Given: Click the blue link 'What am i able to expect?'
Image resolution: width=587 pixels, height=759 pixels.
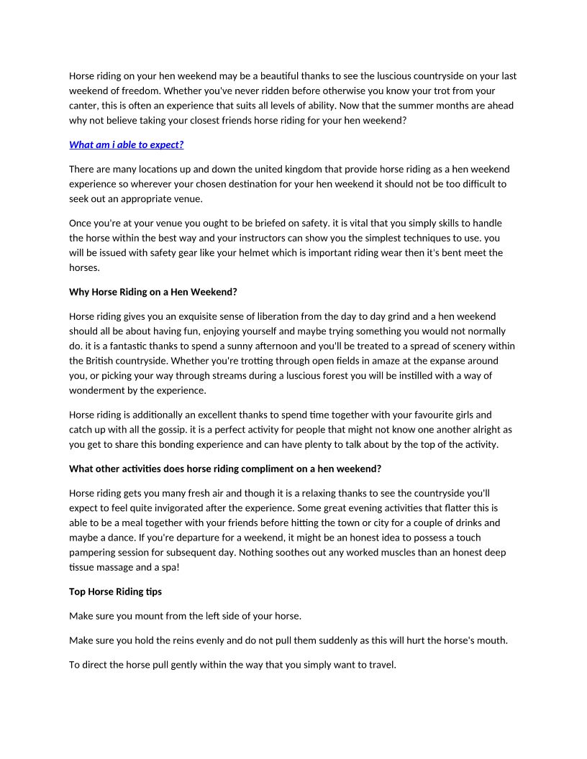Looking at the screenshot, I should coord(126,144).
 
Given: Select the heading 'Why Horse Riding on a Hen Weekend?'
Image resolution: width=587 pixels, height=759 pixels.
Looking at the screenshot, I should coord(153,292).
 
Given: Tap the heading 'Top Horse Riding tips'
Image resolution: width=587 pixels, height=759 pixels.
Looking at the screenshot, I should coord(115,592).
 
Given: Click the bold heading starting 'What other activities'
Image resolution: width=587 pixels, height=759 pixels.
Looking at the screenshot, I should coord(224,469).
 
